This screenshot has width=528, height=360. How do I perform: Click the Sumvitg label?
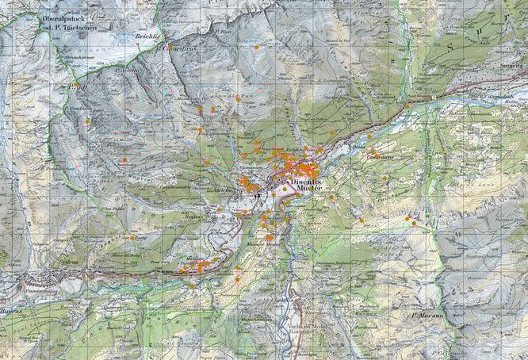(x=513, y=65)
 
